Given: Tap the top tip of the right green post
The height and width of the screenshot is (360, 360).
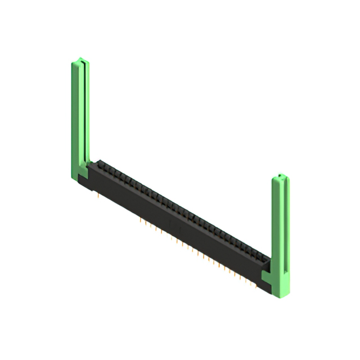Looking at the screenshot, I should [281, 177].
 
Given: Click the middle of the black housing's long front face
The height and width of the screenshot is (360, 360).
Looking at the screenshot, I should [174, 225].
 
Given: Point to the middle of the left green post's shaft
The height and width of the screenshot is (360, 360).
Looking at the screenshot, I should [79, 118].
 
